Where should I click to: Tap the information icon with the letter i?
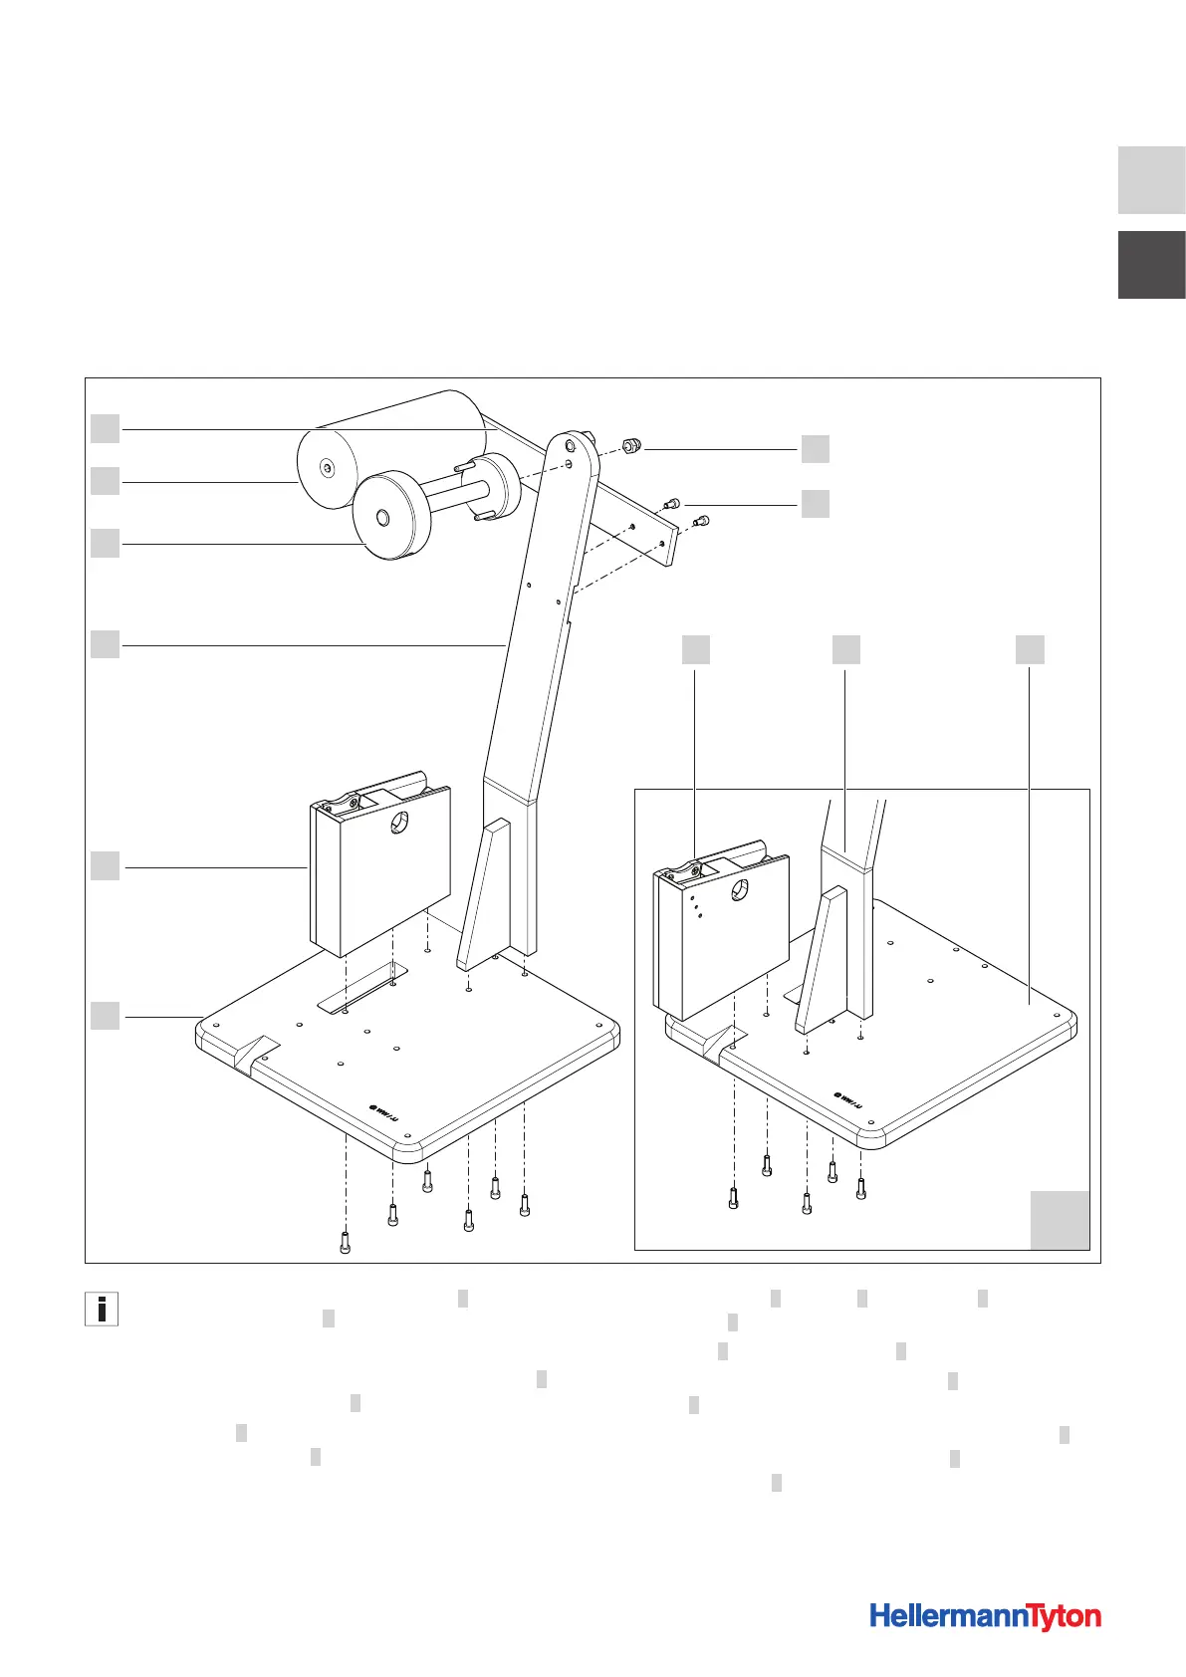pyautogui.click(x=102, y=1309)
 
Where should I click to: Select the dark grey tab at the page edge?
pyautogui.click(x=1151, y=265)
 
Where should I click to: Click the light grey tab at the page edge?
pyautogui.click(x=1151, y=180)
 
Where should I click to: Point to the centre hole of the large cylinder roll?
pyautogui.click(x=328, y=467)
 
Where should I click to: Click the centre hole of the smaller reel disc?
pyautogui.click(x=383, y=518)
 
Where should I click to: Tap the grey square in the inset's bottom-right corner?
pyautogui.click(x=1060, y=1219)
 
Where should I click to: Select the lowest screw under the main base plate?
pyautogui.click(x=345, y=1243)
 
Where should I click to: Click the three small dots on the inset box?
pyautogui.click(x=696, y=905)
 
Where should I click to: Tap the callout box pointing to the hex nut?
pyautogui.click(x=815, y=449)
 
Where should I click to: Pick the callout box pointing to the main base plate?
pyautogui.click(x=106, y=1016)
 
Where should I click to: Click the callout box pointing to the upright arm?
pyautogui.click(x=106, y=643)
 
